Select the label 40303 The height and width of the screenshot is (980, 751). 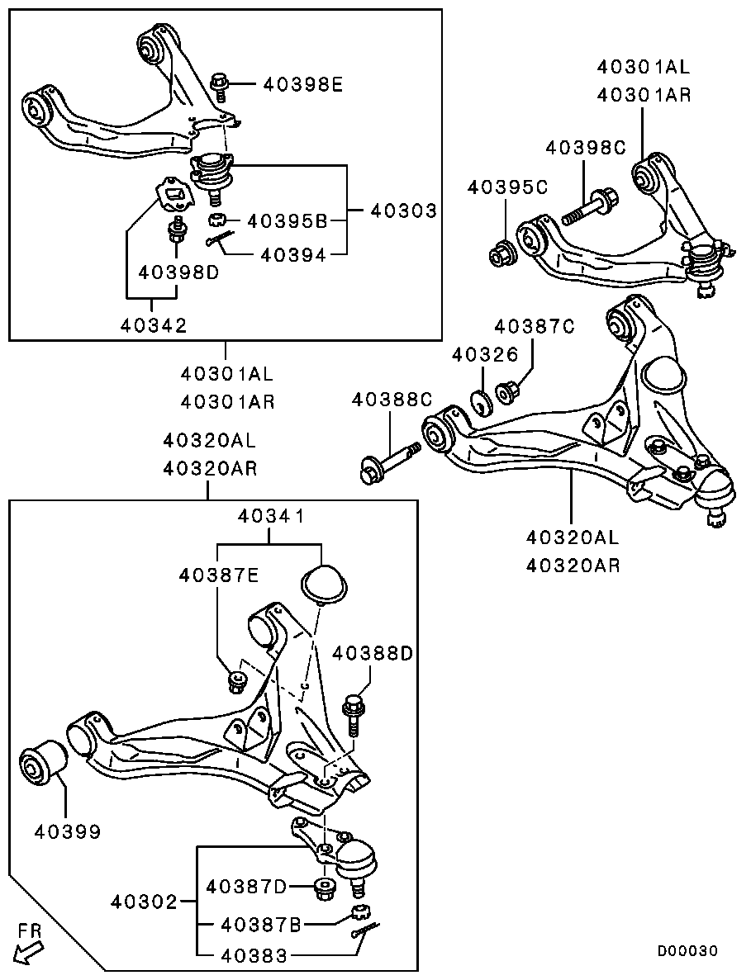click(403, 211)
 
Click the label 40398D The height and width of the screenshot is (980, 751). click(178, 272)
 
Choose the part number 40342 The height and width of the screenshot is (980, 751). click(154, 325)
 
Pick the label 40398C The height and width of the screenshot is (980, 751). click(586, 148)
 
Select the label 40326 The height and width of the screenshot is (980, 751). click(485, 354)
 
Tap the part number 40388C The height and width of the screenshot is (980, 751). click(392, 399)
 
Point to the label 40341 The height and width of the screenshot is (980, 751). click(271, 516)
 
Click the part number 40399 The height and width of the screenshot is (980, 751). click(67, 831)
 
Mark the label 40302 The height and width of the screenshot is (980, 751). click(145, 902)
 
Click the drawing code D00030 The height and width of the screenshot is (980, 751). click(687, 950)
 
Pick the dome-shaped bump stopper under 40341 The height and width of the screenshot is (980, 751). click(324, 585)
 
